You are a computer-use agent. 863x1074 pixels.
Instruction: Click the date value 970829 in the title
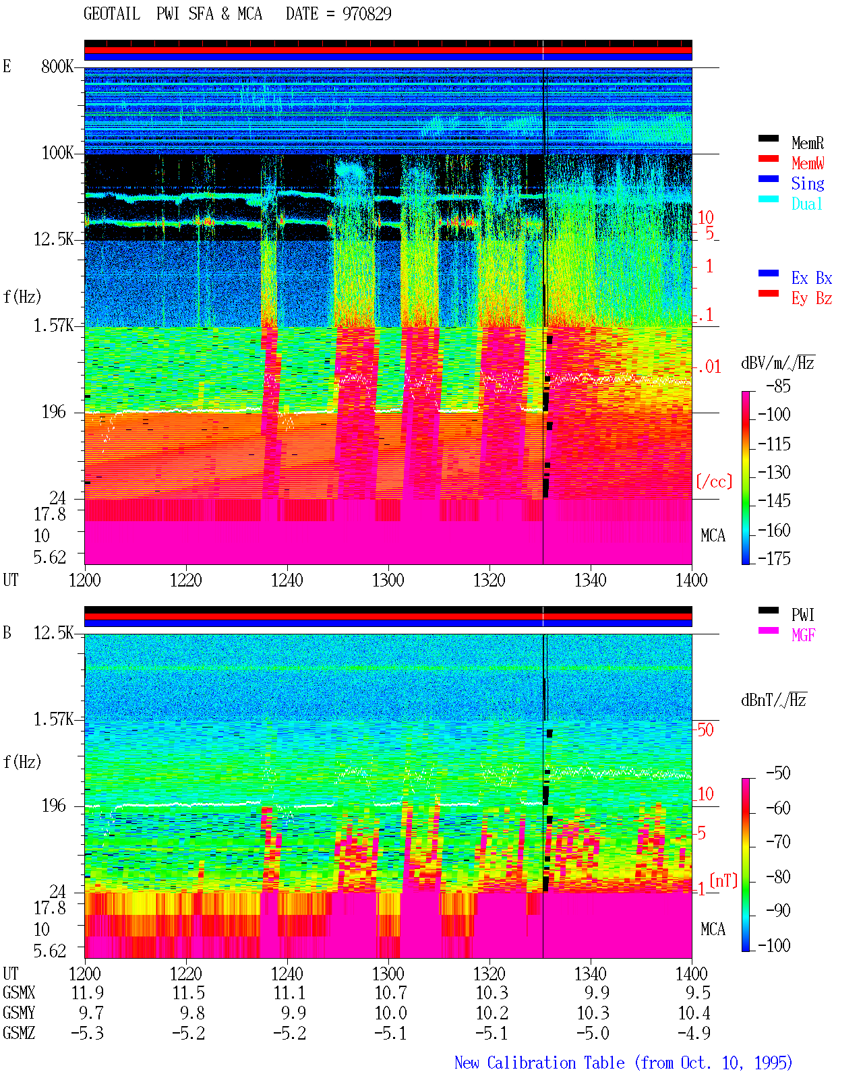tap(367, 13)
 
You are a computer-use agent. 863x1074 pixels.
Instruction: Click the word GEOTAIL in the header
tap(112, 13)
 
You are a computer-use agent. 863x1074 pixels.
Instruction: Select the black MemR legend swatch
tap(768, 138)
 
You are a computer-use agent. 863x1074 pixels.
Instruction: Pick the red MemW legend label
tap(808, 163)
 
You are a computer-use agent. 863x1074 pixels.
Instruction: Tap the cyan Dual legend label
tap(807, 204)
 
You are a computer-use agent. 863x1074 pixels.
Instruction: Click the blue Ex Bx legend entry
tap(812, 278)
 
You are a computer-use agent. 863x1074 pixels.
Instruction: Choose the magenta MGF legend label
tap(803, 635)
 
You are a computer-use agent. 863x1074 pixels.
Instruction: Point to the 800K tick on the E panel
tap(57, 66)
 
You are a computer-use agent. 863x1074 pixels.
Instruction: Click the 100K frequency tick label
tap(57, 153)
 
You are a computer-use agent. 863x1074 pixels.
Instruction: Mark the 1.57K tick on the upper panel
tap(53, 326)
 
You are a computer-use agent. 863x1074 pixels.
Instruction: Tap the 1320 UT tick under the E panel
tap(489, 580)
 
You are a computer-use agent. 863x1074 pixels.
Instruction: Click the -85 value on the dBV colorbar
tap(778, 386)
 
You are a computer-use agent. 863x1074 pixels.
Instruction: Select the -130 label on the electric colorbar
tap(774, 472)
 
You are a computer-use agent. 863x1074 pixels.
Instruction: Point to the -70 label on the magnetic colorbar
tap(778, 841)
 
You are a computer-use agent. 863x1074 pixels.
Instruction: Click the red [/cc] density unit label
tap(714, 481)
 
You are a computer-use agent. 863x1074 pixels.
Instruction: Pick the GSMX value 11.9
tap(88, 992)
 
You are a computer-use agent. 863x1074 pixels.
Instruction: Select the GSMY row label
tap(19, 1013)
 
